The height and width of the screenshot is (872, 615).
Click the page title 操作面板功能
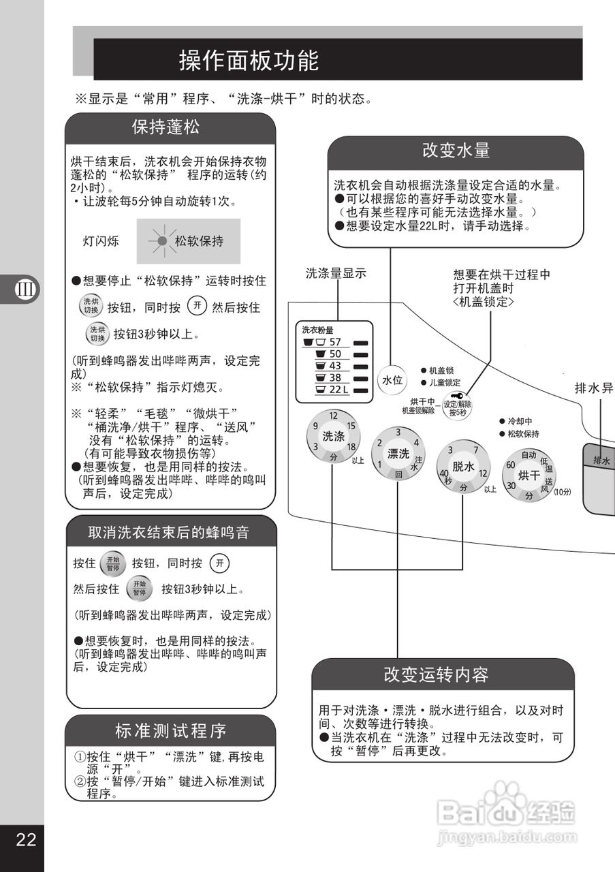(249, 61)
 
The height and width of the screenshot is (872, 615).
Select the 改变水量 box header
(456, 151)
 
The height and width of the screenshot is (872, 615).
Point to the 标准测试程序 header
(170, 731)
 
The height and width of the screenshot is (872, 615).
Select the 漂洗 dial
(398, 454)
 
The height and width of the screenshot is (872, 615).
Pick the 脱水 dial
(463, 467)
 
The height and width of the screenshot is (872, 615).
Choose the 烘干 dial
(529, 475)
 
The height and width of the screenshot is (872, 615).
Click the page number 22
(26, 839)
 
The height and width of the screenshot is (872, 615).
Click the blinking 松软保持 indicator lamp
(161, 241)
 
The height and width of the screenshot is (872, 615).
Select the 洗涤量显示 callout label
(336, 274)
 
